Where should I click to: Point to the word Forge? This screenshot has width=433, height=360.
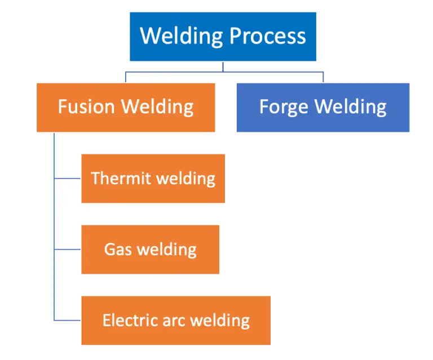point(284,107)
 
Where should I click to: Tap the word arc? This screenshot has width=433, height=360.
point(168,321)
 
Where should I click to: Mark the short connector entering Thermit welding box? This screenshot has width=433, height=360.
point(68,179)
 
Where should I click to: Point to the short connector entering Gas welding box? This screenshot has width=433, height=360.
point(68,250)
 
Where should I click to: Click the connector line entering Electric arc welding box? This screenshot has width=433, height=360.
point(68,321)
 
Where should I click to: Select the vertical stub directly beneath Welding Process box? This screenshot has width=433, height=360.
point(223,66)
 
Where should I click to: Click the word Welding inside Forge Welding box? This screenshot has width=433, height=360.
point(350,107)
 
